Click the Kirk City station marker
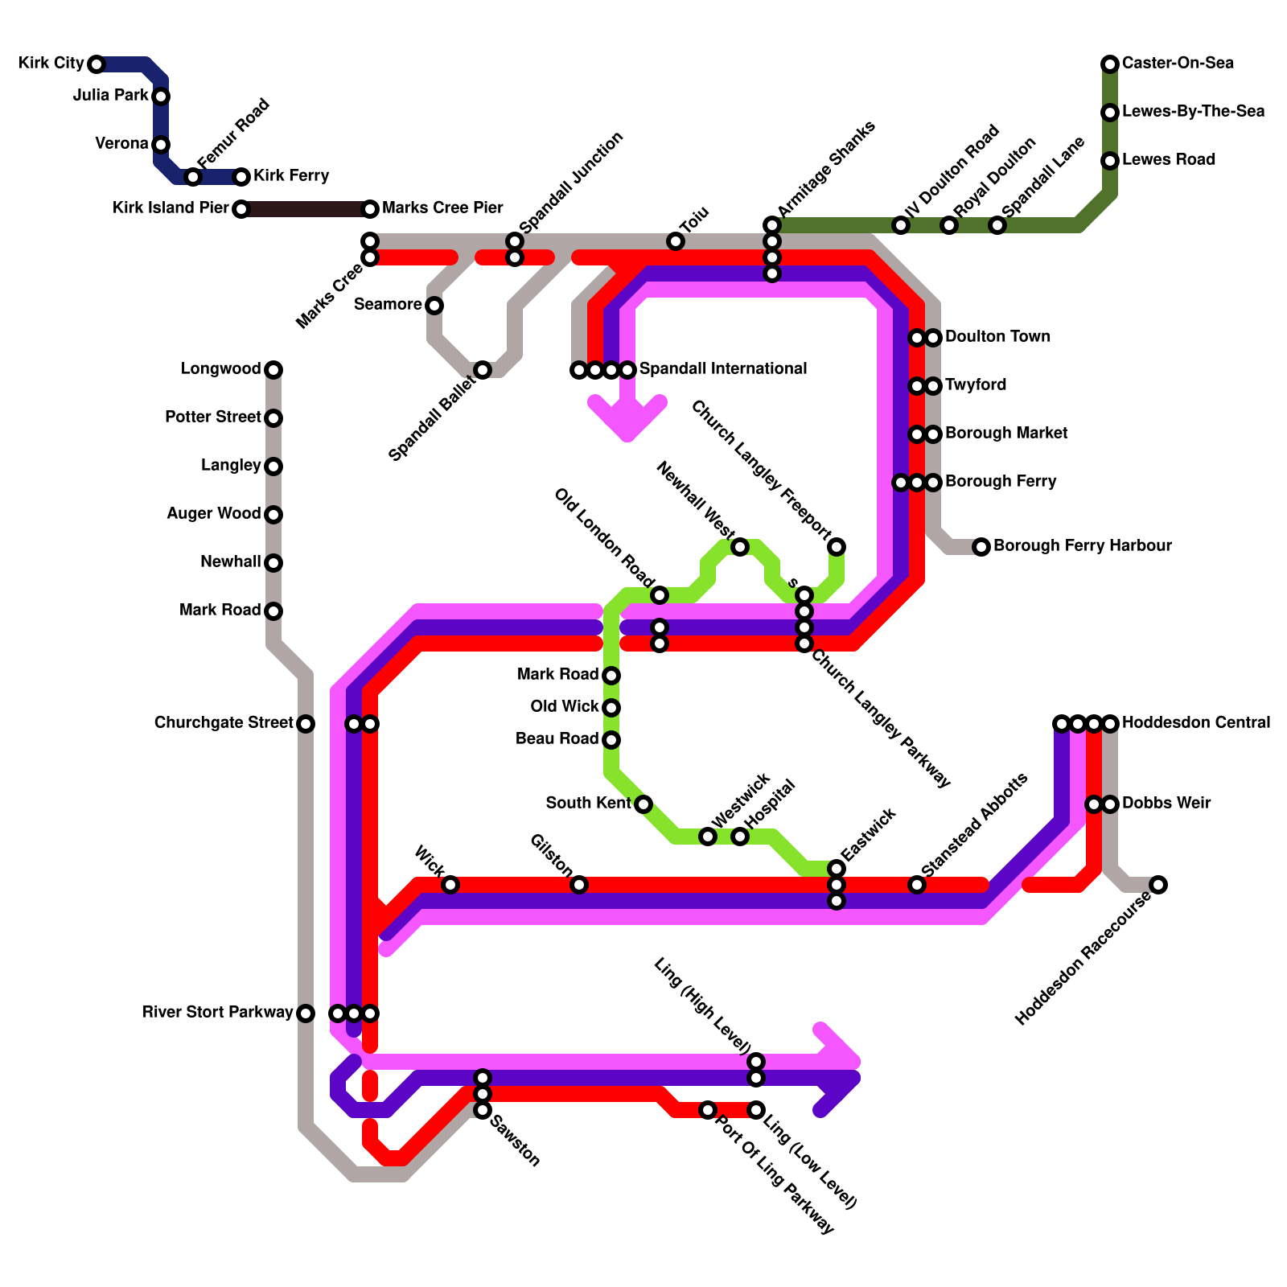click(x=97, y=64)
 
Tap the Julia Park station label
click(x=110, y=96)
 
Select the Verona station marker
click(x=161, y=145)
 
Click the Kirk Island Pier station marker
click(x=241, y=209)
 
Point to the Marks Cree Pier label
click(x=442, y=208)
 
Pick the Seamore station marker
click(x=434, y=306)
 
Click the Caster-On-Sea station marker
click(x=1110, y=64)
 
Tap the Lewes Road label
click(x=1168, y=160)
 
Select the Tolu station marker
click(x=676, y=241)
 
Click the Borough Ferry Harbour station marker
click(x=981, y=547)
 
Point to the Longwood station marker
click(x=273, y=370)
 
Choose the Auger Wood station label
click(x=213, y=514)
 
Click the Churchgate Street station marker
click(x=306, y=724)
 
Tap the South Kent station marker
click(x=643, y=804)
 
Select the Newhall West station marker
click(x=740, y=547)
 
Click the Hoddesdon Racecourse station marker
click(x=1158, y=885)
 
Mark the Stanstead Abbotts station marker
click(x=917, y=885)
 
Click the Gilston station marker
click(x=579, y=885)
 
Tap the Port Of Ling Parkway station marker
click(x=708, y=1110)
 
